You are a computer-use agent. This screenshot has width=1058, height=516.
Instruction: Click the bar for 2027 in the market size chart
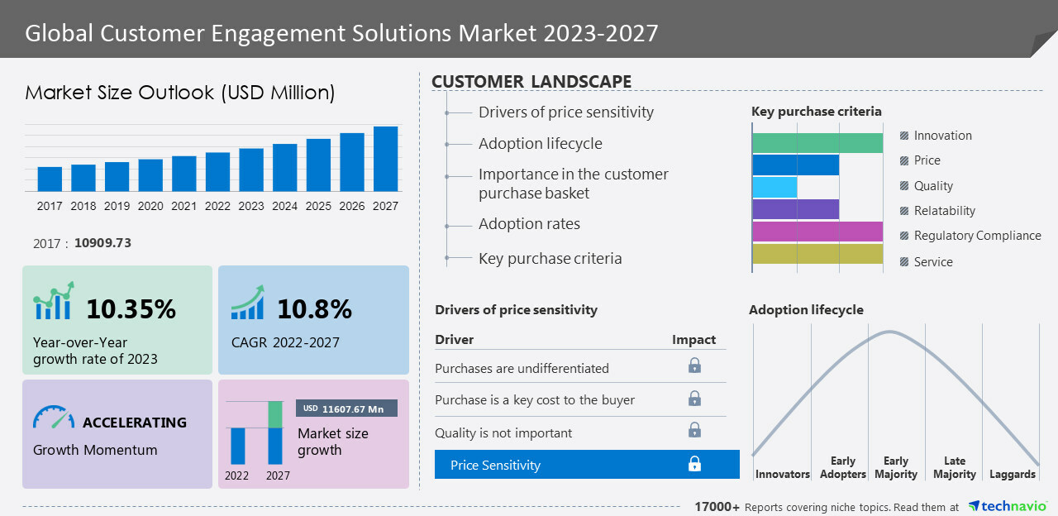[385, 159]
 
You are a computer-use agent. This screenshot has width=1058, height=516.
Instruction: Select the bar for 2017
[50, 179]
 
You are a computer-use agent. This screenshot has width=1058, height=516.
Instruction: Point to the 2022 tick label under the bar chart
[217, 206]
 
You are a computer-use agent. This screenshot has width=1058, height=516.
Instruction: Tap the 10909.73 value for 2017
[102, 243]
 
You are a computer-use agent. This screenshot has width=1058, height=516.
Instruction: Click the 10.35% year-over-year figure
[131, 309]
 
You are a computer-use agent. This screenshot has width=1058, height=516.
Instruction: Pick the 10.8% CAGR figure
[314, 309]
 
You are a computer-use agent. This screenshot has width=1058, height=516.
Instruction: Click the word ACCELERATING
[135, 423]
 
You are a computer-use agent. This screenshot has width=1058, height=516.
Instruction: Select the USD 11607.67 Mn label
[346, 408]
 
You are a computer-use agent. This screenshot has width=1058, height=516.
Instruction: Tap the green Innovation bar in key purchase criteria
[817, 143]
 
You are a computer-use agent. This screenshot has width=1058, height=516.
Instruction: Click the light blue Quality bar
[775, 187]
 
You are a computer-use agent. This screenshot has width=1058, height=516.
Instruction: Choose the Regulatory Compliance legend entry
[977, 236]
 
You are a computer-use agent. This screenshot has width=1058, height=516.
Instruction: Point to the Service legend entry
[933, 262]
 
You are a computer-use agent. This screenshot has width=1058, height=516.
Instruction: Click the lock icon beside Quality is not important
[694, 430]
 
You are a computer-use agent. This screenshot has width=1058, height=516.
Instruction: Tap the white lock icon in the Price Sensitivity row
[694, 464]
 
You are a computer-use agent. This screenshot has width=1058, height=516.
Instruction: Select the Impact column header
[693, 340]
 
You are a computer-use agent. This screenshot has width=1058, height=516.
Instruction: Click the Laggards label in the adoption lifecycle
[1012, 474]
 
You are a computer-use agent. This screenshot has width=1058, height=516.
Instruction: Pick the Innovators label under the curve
[782, 474]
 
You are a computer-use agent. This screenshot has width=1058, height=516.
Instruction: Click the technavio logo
[1008, 506]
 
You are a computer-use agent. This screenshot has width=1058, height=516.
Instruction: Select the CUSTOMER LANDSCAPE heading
[531, 81]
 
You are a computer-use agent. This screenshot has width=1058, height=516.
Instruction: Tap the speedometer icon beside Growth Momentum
[54, 417]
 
